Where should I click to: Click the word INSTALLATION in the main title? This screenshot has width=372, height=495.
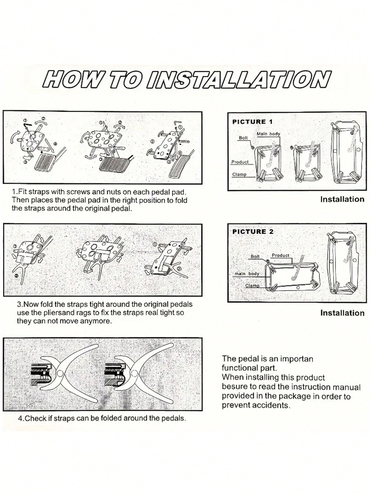click(240, 80)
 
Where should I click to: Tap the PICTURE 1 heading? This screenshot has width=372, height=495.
click(253, 122)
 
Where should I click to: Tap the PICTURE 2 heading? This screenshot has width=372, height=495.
click(253, 232)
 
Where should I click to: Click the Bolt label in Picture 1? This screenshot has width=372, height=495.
click(243, 138)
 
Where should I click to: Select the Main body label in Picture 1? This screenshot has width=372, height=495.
click(268, 134)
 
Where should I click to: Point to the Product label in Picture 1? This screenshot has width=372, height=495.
click(240, 162)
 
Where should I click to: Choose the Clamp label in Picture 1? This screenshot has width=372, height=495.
click(239, 174)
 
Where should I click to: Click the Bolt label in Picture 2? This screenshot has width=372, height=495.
click(255, 257)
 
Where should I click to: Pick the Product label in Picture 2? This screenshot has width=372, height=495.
click(280, 255)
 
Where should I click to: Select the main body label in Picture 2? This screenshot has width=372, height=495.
click(247, 274)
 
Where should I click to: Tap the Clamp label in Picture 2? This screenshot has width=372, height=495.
click(252, 286)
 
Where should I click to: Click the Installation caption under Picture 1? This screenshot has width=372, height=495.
click(342, 199)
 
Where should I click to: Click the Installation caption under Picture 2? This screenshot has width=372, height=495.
click(342, 313)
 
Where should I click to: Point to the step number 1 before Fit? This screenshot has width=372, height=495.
click(14, 192)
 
